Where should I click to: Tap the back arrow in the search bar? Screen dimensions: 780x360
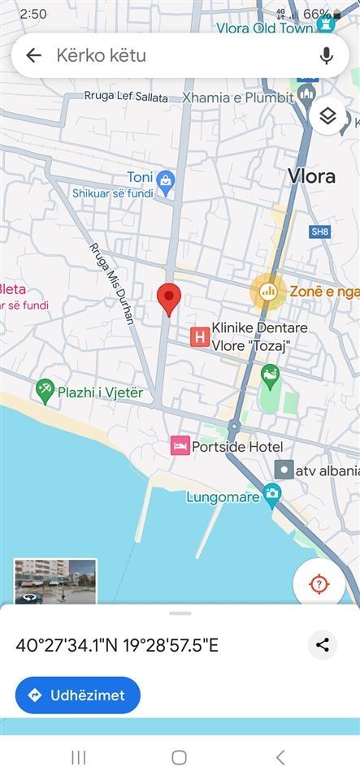tap(33, 55)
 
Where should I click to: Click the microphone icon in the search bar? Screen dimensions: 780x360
tap(327, 55)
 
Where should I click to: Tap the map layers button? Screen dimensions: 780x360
tap(327, 116)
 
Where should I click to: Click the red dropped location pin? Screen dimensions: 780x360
tap(168, 298)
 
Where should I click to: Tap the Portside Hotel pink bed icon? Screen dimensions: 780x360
tap(180, 445)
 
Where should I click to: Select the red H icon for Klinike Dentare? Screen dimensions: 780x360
tap(199, 336)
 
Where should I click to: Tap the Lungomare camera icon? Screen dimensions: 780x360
tap(272, 493)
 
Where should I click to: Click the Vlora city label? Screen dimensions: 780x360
tap(312, 176)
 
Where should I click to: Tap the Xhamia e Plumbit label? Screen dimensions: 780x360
tap(238, 97)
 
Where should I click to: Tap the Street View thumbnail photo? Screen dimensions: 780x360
tap(55, 580)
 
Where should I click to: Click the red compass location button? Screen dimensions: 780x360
tap(319, 584)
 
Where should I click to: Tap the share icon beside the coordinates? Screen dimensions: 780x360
tap(323, 645)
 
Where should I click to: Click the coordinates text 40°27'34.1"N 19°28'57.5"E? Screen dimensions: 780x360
tap(117, 646)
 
